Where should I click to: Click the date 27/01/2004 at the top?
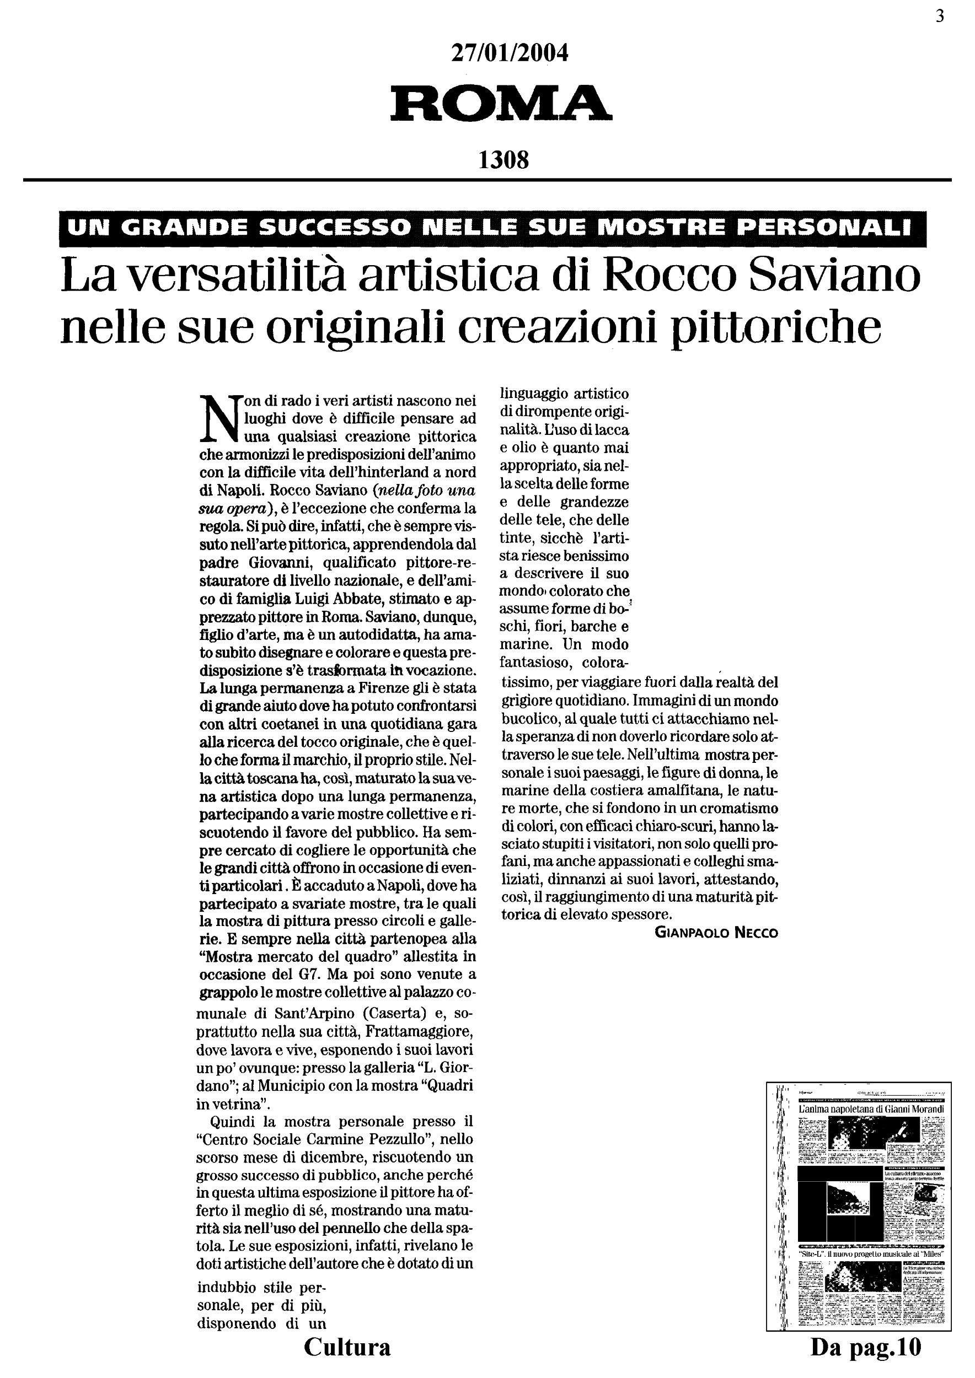tap(509, 54)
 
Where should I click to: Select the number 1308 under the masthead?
tap(503, 160)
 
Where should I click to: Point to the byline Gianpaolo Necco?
tap(716, 933)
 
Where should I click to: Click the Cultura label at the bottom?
tap(347, 1347)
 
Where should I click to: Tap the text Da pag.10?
tap(865, 1347)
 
